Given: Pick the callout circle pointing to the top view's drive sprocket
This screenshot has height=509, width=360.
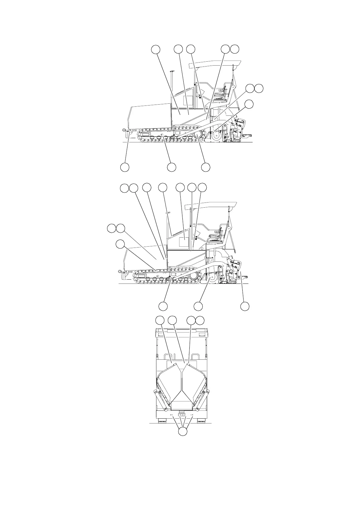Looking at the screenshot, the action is coord(206,167).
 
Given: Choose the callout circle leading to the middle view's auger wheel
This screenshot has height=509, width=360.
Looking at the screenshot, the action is coord(198,306).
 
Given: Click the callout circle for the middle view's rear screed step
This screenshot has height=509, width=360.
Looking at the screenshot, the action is coord(245,306).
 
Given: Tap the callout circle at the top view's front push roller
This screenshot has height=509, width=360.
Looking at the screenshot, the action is coord(125,167).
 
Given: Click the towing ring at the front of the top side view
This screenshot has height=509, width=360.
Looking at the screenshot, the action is coord(124,130).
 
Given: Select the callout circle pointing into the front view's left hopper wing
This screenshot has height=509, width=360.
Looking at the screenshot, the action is coord(160,320).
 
